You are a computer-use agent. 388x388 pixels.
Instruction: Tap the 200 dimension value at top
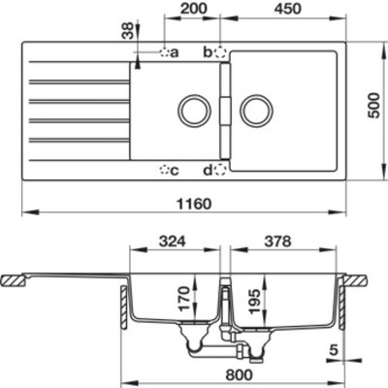(x=194, y=12)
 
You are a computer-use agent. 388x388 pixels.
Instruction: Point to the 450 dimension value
(x=283, y=12)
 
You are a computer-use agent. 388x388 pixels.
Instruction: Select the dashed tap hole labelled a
(x=164, y=51)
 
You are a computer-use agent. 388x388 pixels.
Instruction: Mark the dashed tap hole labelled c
(x=164, y=171)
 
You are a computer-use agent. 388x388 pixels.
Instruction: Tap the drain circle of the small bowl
(x=193, y=110)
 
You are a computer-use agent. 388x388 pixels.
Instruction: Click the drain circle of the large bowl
(x=256, y=110)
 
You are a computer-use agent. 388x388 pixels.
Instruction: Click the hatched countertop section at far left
(x=15, y=281)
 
